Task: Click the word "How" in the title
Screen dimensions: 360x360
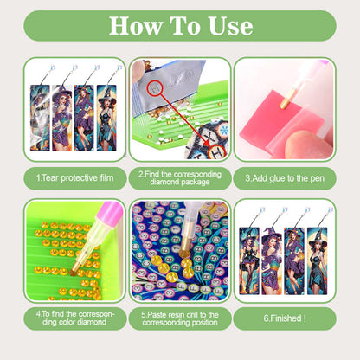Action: point(134,26)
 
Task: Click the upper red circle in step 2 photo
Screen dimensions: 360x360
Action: point(157,85)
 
